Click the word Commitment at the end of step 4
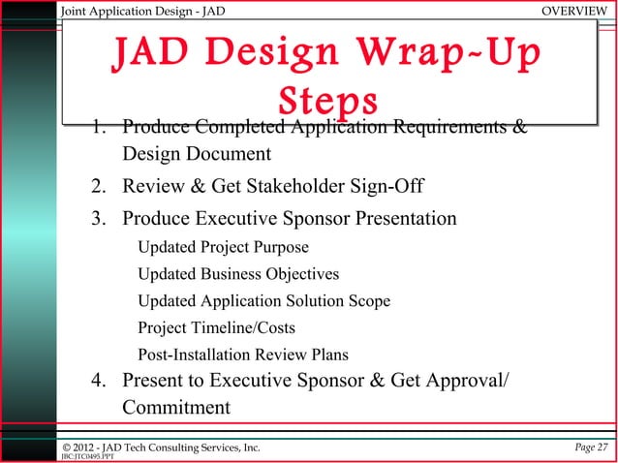176,407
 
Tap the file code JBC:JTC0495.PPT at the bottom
83,456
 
